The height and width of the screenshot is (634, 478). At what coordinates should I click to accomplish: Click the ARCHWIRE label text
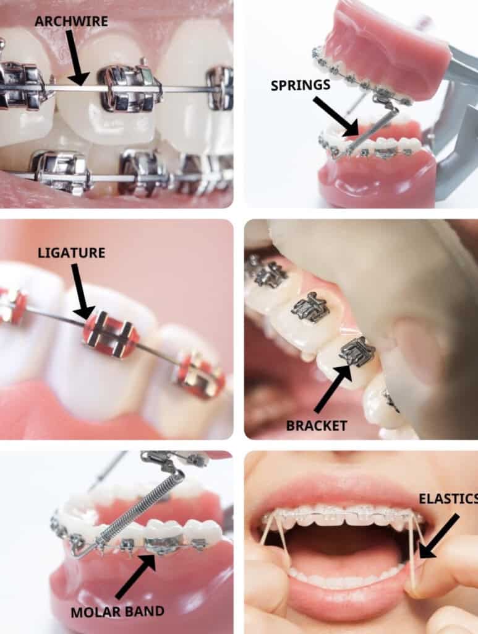(x=72, y=21)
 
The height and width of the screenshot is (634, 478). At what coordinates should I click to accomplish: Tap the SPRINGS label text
(x=301, y=85)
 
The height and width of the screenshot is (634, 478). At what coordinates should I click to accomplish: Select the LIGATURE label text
(x=72, y=253)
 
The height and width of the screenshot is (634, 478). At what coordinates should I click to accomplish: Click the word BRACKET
(x=317, y=425)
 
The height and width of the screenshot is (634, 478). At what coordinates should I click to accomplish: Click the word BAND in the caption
(x=143, y=611)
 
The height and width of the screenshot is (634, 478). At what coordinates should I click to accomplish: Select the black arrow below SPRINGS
(x=336, y=116)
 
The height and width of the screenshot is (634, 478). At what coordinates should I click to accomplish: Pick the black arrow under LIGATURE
(x=83, y=291)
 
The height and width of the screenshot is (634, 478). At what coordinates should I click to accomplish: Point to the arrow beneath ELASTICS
(x=439, y=536)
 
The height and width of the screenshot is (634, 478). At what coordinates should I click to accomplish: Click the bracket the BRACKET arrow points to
(x=356, y=350)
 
